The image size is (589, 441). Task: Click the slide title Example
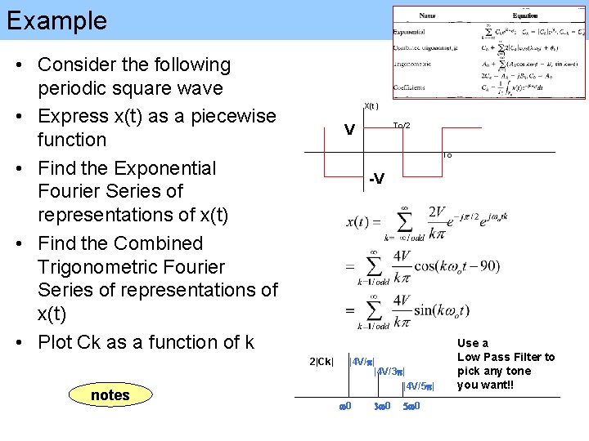[x=56, y=20]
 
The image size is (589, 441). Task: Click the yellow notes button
[x=110, y=395]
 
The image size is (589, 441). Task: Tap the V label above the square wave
[x=349, y=131]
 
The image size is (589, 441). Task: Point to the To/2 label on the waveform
[x=402, y=126]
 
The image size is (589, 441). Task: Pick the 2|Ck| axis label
[x=321, y=362]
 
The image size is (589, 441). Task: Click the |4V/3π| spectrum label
[x=389, y=372]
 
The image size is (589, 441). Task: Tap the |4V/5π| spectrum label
[x=418, y=385]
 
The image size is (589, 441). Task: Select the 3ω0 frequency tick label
[x=382, y=406]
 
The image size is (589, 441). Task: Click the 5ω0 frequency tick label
[x=411, y=406]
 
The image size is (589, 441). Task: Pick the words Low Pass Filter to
[x=506, y=357]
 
